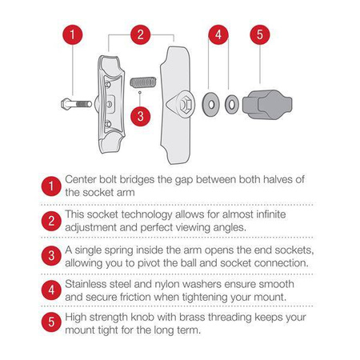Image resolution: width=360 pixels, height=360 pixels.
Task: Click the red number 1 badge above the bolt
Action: pyautogui.click(x=72, y=34)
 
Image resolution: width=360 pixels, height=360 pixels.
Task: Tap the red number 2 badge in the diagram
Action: pyautogui.click(x=141, y=34)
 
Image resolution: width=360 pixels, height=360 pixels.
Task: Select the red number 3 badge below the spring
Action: pyautogui.click(x=140, y=117)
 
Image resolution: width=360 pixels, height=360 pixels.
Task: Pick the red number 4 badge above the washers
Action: pyautogui.click(x=218, y=34)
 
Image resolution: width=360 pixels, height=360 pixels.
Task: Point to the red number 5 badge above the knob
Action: pyautogui.click(x=260, y=34)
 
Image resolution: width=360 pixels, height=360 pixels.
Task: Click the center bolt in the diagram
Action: pyautogui.click(x=76, y=104)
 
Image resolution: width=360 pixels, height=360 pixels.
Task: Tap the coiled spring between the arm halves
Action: pyautogui.click(x=143, y=82)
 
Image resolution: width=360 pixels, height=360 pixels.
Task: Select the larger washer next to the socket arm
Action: pyautogui.click(x=210, y=104)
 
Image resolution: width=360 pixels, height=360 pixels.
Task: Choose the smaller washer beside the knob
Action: pyautogui.click(x=232, y=104)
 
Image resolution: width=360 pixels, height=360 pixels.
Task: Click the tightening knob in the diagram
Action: pyautogui.click(x=267, y=104)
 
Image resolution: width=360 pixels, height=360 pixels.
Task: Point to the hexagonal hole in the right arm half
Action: pyautogui.click(x=186, y=104)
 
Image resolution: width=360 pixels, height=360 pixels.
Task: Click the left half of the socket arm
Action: pyautogui.click(x=110, y=104)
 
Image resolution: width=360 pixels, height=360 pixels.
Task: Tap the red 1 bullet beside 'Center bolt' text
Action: pyautogui.click(x=51, y=186)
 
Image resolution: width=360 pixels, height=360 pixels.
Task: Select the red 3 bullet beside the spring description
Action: pyautogui.click(x=51, y=255)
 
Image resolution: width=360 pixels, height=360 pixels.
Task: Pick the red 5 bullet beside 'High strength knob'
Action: pyautogui.click(x=51, y=322)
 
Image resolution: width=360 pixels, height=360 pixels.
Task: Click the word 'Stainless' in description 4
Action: pyautogui.click(x=86, y=284)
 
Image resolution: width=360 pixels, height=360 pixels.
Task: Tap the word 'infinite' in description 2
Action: pyautogui.click(x=271, y=214)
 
